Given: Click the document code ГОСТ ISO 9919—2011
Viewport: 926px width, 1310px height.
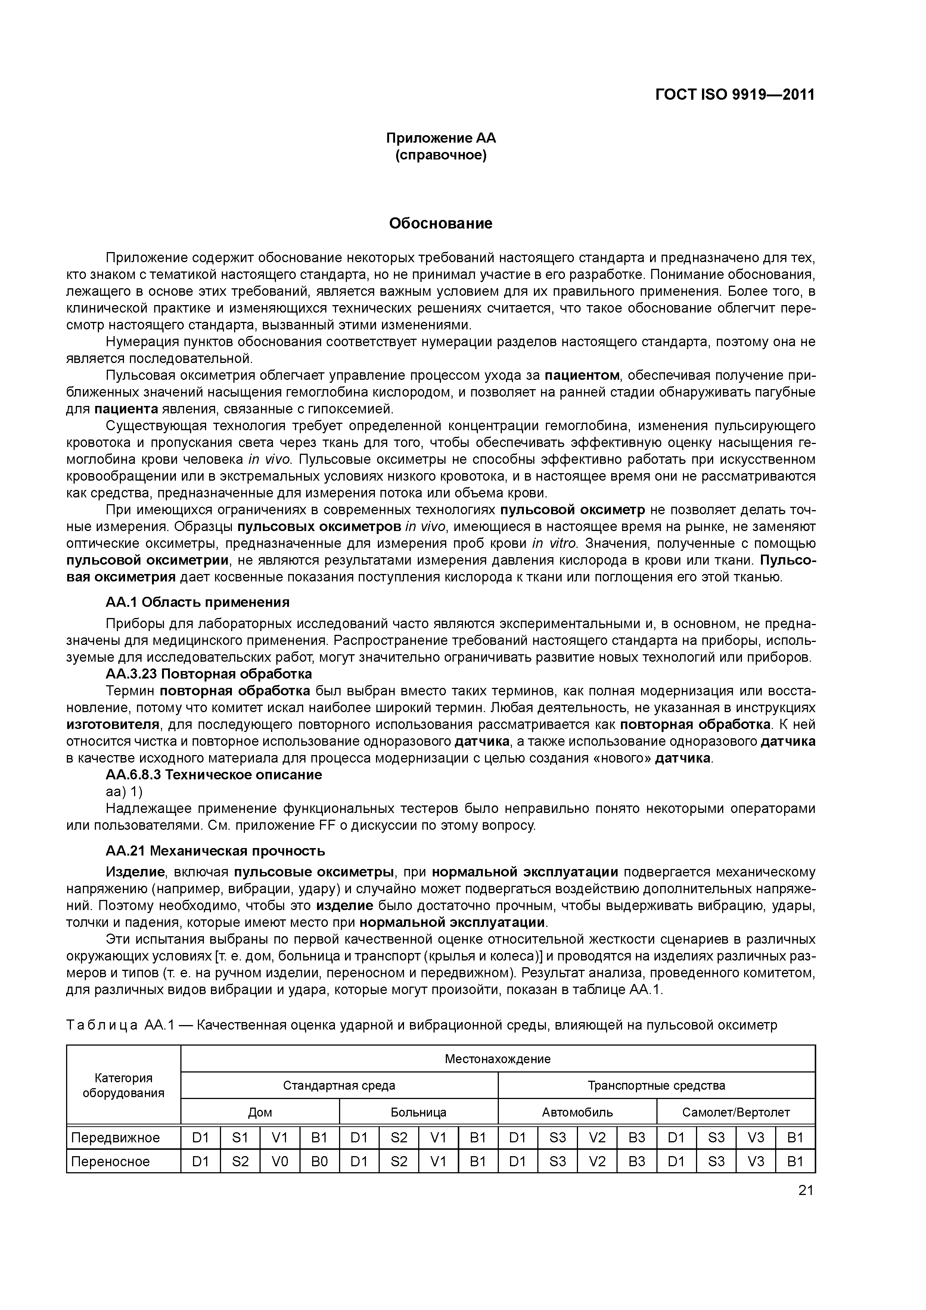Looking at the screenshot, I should click(734, 94).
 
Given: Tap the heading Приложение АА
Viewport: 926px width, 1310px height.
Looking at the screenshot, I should click(441, 138).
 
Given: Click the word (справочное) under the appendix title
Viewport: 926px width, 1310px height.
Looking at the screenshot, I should click(441, 155).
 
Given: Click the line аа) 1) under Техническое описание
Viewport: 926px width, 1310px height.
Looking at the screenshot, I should click(124, 792).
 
